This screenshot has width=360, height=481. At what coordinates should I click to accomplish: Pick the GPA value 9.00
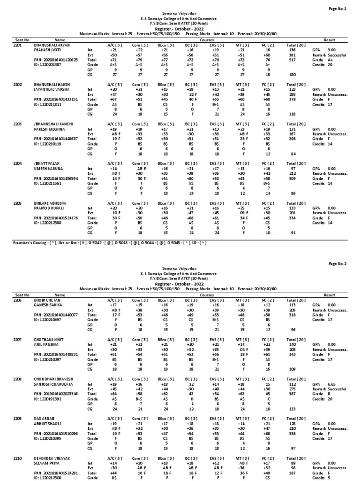[331, 50]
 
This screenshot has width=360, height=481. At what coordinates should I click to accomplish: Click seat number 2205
[18, 203]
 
